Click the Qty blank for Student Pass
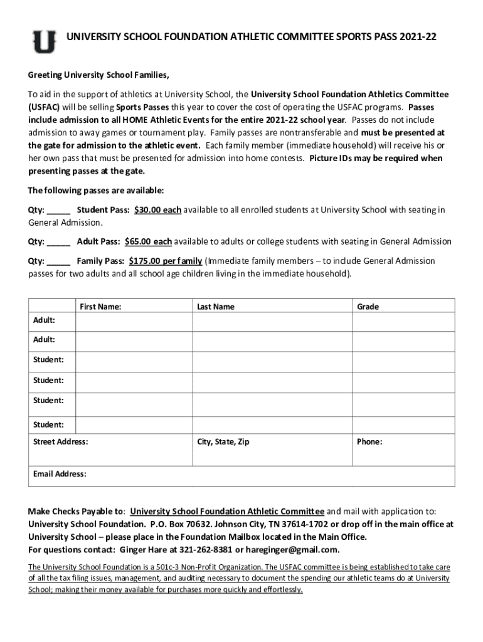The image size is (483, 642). click(58, 210)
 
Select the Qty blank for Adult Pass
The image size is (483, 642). click(58, 241)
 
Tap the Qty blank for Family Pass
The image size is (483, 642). click(58, 261)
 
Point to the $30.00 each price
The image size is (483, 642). click(157, 210)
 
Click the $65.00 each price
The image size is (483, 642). click(148, 241)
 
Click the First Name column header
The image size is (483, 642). click(100, 307)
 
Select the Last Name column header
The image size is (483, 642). click(215, 307)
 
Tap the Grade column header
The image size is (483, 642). click(368, 307)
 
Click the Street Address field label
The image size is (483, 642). click(60, 442)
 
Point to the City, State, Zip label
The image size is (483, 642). click(223, 442)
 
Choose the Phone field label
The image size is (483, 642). click(369, 442)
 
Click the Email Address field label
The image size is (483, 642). click(60, 474)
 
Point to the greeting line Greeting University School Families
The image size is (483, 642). click(98, 75)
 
